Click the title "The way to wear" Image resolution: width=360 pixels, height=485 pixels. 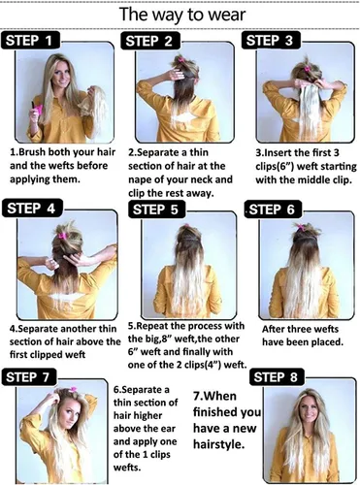pos(182,15)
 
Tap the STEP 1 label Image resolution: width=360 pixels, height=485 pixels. pos(31,41)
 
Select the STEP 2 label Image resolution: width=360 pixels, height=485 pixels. pos(150,41)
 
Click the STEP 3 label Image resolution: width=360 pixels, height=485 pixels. pos(271,41)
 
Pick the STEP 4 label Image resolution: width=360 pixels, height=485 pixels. pos(32,208)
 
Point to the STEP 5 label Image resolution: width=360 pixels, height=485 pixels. pos(157,209)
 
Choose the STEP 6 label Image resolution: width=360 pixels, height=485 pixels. pos(273,210)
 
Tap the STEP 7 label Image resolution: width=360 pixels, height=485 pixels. pos(29,377)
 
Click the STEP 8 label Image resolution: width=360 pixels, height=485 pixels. pos(277,376)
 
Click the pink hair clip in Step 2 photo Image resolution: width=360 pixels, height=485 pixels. pos(181,60)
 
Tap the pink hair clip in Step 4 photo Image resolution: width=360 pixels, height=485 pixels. pos(63,235)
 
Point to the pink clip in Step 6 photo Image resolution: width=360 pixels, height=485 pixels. pos(301,227)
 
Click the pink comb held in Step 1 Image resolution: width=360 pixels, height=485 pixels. pos(37,109)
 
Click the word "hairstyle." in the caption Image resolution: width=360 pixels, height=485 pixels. pos(218,445)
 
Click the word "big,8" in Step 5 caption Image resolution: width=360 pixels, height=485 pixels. pos(158,339)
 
